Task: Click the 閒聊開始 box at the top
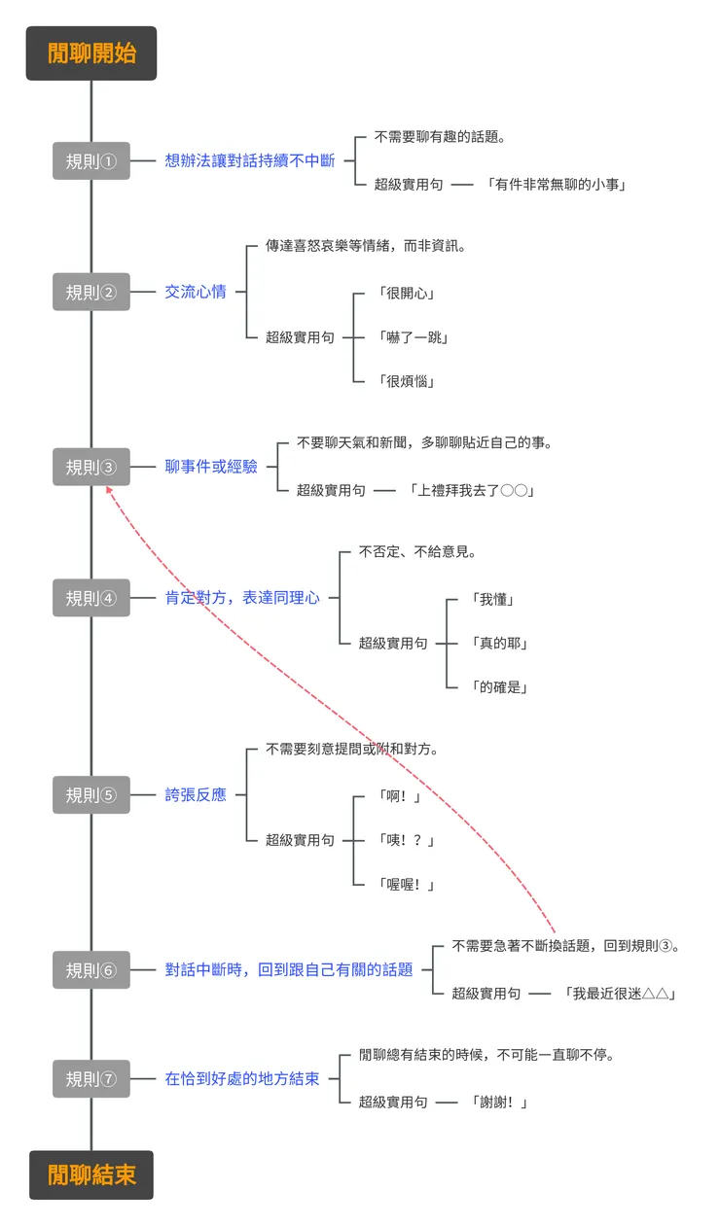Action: [91, 53]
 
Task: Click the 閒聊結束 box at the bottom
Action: [91, 1174]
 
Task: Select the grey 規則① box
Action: [91, 160]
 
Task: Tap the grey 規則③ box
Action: [91, 467]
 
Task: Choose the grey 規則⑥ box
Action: [91, 969]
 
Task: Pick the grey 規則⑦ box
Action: [91, 1078]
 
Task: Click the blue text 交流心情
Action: [196, 292]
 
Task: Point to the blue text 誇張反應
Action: [196, 794]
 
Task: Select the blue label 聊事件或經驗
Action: [211, 467]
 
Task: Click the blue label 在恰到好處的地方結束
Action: [242, 1078]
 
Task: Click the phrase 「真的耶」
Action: [498, 643]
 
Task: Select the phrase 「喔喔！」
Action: [405, 884]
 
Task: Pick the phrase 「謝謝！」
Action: [497, 1102]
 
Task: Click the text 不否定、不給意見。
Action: [417, 551]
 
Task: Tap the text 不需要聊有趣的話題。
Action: [440, 137]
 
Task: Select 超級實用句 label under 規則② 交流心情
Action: [300, 336]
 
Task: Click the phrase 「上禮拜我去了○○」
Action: [472, 490]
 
